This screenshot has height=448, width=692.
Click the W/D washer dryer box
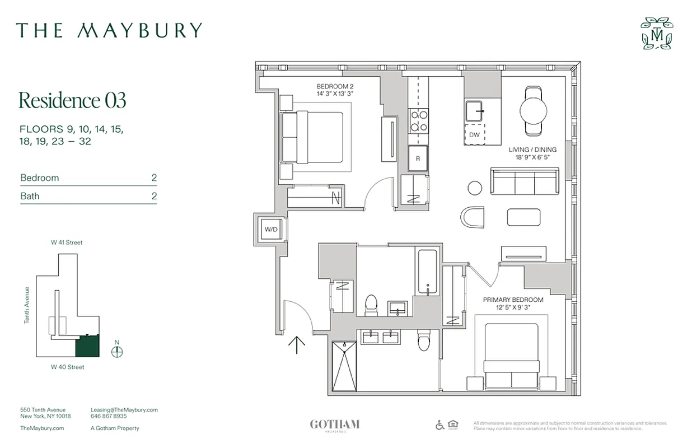pyautogui.click(x=272, y=229)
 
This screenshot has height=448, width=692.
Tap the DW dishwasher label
pyautogui.click(x=474, y=135)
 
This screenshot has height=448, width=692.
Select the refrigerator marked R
pyautogui.click(x=418, y=158)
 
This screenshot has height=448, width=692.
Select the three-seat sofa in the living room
pyautogui.click(x=525, y=181)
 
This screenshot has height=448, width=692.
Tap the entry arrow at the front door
pyautogui.click(x=296, y=344)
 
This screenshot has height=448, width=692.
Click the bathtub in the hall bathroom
pyautogui.click(x=428, y=272)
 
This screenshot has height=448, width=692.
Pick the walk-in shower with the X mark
pyautogui.click(x=343, y=366)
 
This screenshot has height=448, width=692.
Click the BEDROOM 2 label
pyautogui.click(x=335, y=86)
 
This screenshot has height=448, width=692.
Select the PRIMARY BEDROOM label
pyautogui.click(x=513, y=300)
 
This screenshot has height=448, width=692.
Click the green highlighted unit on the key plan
pyautogui.click(x=87, y=346)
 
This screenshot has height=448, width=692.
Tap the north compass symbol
pyautogui.click(x=117, y=352)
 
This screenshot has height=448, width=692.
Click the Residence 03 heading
pyautogui.click(x=73, y=100)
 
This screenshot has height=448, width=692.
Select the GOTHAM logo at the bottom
pyautogui.click(x=334, y=424)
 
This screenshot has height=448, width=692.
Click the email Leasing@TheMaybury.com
pyautogui.click(x=124, y=410)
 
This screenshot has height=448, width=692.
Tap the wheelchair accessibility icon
pyautogui.click(x=440, y=424)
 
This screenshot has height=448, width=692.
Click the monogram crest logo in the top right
pyautogui.click(x=657, y=34)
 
